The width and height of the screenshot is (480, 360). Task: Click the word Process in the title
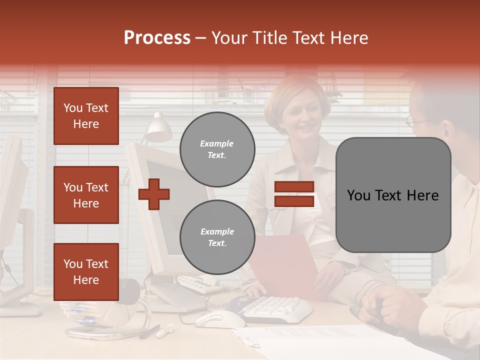157,38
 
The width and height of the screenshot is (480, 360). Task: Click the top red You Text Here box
86,116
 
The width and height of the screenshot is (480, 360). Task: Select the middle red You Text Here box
86,195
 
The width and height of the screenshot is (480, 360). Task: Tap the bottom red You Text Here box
86,272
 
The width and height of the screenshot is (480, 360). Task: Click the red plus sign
154,194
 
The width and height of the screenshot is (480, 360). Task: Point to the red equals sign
294,194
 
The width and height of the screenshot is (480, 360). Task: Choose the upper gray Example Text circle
217,149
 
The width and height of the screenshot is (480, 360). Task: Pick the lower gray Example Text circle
217,237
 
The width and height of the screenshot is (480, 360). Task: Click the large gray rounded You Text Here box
393,195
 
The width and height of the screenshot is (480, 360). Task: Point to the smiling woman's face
298,116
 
